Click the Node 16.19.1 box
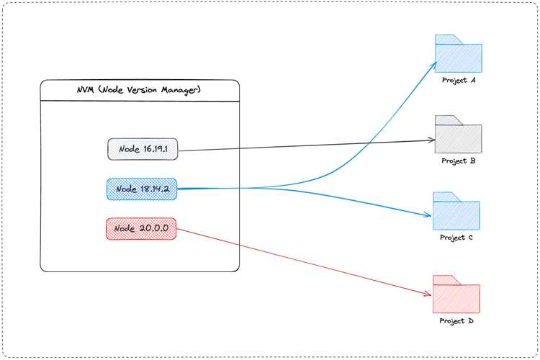pyautogui.click(x=143, y=149)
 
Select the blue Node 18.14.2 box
pyautogui.click(x=142, y=189)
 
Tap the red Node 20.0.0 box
pyautogui.click(x=141, y=229)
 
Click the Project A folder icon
pyautogui.click(x=459, y=54)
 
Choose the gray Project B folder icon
pyautogui.click(x=459, y=134)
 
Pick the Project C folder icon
pyautogui.click(x=456, y=211)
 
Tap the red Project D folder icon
pyautogui.click(x=456, y=294)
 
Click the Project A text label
pyautogui.click(x=459, y=80)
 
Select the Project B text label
pyautogui.click(x=459, y=161)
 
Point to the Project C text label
pyautogui.click(x=456, y=238)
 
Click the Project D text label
pyautogui.click(x=456, y=321)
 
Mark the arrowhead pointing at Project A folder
pyautogui.click(x=435, y=64)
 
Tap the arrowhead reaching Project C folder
pyautogui.click(x=428, y=215)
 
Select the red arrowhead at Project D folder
pyautogui.click(x=428, y=294)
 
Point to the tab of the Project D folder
pyautogui.click(x=446, y=280)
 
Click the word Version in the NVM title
pyautogui.click(x=142, y=90)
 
